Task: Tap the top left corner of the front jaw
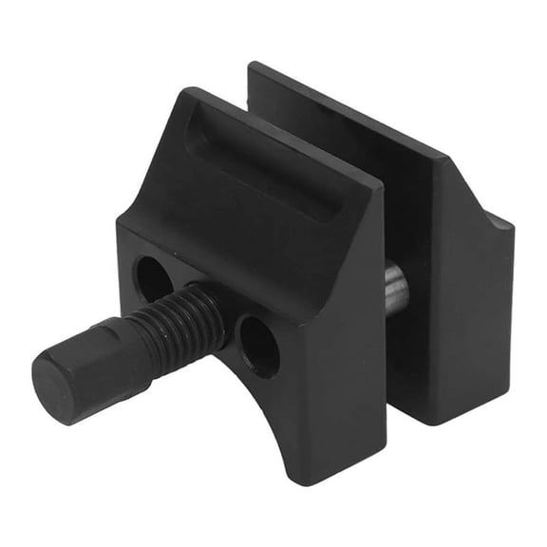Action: (x=190, y=92)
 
